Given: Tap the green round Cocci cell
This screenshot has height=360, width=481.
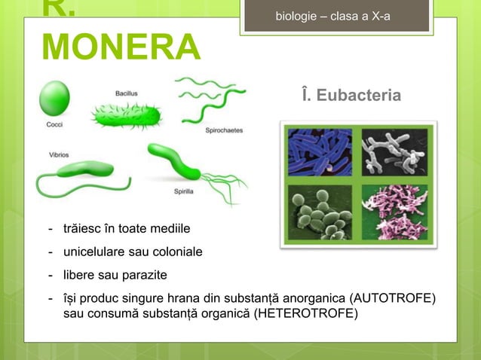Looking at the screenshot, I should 54,98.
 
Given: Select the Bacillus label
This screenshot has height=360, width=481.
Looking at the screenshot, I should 127,93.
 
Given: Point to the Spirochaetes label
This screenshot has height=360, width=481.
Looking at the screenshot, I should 224,130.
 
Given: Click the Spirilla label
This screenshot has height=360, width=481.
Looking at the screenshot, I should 184,192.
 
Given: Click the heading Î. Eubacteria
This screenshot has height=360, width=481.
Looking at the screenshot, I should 351,96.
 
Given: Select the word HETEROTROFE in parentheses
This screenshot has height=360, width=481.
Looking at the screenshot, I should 305,313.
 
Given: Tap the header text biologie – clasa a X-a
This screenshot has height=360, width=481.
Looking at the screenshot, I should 333,16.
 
